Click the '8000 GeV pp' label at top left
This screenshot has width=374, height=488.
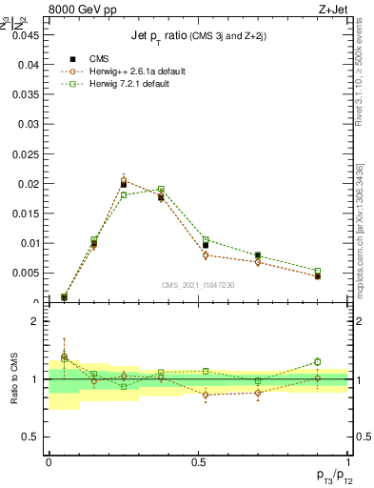81,12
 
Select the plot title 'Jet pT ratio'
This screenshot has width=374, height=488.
163,36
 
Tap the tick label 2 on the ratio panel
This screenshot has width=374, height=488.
35,322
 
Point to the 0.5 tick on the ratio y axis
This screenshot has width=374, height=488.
31,437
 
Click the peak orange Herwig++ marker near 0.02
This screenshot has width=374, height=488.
124,180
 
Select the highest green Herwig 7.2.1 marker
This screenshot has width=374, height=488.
161,189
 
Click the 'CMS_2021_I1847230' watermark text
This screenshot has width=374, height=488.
197,285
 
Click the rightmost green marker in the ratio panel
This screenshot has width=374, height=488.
317,361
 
